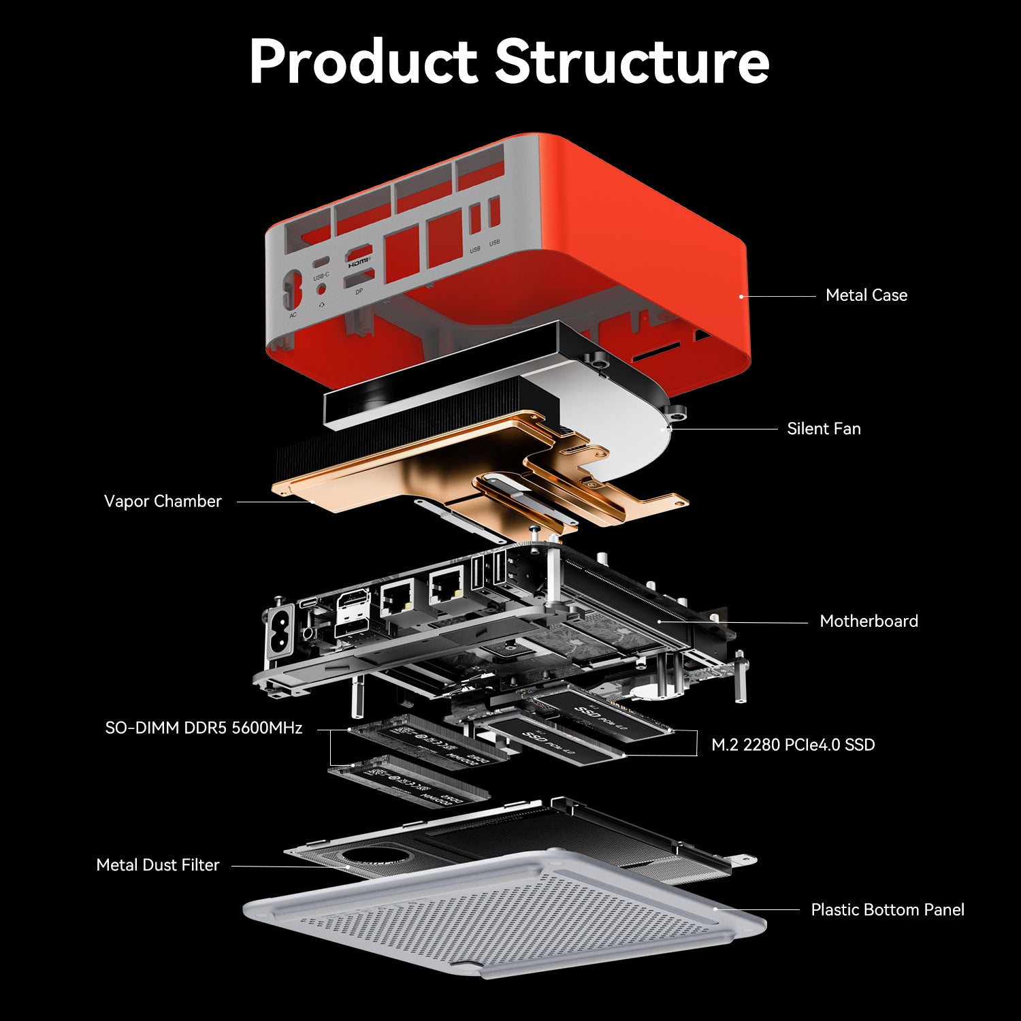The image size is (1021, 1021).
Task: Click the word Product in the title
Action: [x=363, y=62]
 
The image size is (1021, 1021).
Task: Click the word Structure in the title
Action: [x=632, y=62]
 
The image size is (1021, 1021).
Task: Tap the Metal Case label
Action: [x=866, y=295]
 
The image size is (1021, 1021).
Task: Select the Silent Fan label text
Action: [x=824, y=429]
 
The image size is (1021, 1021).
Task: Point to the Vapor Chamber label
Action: [x=163, y=502]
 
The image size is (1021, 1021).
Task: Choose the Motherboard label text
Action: [x=869, y=621]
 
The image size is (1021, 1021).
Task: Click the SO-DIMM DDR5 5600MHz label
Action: [x=204, y=728]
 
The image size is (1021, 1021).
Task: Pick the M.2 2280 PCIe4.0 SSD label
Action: [x=793, y=745]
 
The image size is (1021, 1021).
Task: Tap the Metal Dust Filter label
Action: [x=158, y=865]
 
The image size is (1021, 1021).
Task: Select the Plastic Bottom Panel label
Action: [x=888, y=910]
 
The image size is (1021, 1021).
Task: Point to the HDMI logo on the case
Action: [x=359, y=261]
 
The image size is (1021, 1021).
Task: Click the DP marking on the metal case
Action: [x=359, y=291]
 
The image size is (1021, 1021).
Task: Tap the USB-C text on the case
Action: [x=321, y=276]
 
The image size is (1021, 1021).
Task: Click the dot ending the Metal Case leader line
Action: [x=741, y=297]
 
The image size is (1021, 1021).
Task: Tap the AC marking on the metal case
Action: [x=293, y=315]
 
